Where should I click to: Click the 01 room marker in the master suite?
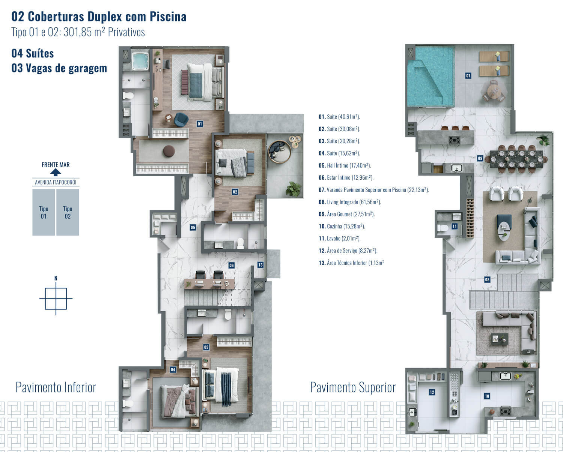tap(200, 124)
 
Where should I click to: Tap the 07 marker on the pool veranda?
tap(468, 76)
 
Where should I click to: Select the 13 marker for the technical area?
tap(260, 265)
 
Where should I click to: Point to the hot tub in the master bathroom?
tap(140, 61)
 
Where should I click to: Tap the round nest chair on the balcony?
tap(279, 152)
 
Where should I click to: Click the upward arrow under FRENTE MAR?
tap(56, 172)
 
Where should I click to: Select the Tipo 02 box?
tap(68, 212)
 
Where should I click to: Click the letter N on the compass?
tap(56, 278)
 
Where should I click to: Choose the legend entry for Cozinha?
tap(342, 226)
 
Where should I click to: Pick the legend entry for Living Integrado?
tap(350, 202)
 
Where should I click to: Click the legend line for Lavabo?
tap(340, 239)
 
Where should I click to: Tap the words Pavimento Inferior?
tap(56, 387)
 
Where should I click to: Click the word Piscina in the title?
tap(168, 17)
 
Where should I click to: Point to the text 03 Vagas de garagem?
tap(59, 68)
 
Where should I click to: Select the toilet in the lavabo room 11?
tap(443, 228)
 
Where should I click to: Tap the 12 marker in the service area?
tap(432, 392)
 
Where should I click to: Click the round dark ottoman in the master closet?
tap(169, 151)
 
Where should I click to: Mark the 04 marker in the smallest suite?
tap(173, 369)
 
